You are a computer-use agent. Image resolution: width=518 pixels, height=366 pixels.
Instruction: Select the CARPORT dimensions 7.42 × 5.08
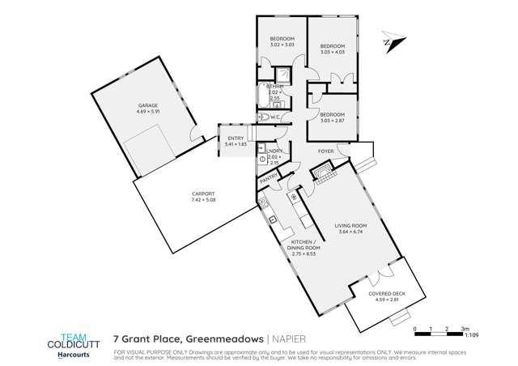coord(203,200)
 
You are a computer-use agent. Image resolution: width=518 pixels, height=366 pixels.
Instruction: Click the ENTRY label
coord(236,138)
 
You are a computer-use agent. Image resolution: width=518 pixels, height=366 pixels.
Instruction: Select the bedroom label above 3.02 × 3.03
coord(282,39)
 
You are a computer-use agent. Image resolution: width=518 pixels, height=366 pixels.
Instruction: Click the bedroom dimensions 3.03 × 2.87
coord(332,120)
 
